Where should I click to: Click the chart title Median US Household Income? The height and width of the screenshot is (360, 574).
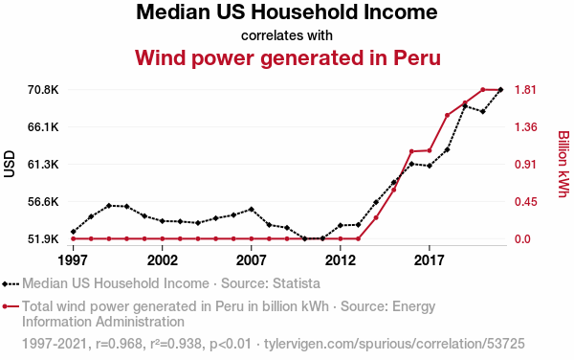pos(287,12)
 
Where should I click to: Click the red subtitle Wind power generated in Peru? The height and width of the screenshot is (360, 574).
pos(287,57)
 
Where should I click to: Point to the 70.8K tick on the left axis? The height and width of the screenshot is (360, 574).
pos(43,90)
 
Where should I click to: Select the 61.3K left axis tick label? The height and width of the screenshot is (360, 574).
pos(43,165)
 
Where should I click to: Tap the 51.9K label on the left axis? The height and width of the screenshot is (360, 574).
pos(43,239)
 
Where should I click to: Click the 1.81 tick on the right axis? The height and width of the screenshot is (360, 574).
pos(525,90)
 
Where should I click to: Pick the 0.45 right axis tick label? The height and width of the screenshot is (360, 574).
pos(525,202)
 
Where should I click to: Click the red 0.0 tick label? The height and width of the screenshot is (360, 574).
pos(522,239)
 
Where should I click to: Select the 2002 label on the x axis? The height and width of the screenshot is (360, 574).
pos(163,260)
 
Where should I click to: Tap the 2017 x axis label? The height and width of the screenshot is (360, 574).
pos(429,260)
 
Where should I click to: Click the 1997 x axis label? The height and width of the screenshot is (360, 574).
pos(73,260)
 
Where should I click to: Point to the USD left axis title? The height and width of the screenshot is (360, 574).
pos(10,164)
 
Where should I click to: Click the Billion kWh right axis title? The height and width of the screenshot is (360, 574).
pos(563,164)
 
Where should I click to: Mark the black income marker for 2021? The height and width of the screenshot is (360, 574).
pos(500,90)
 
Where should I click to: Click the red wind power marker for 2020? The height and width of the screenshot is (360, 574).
pos(482,90)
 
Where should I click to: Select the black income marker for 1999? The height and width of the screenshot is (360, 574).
pos(109,206)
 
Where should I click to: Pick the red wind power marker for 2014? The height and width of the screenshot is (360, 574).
pos(376,218)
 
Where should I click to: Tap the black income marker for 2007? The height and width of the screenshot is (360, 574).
pos(251,210)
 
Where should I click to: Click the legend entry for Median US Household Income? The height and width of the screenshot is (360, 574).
pos(161,283)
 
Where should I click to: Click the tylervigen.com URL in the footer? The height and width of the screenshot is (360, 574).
pos(394,344)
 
